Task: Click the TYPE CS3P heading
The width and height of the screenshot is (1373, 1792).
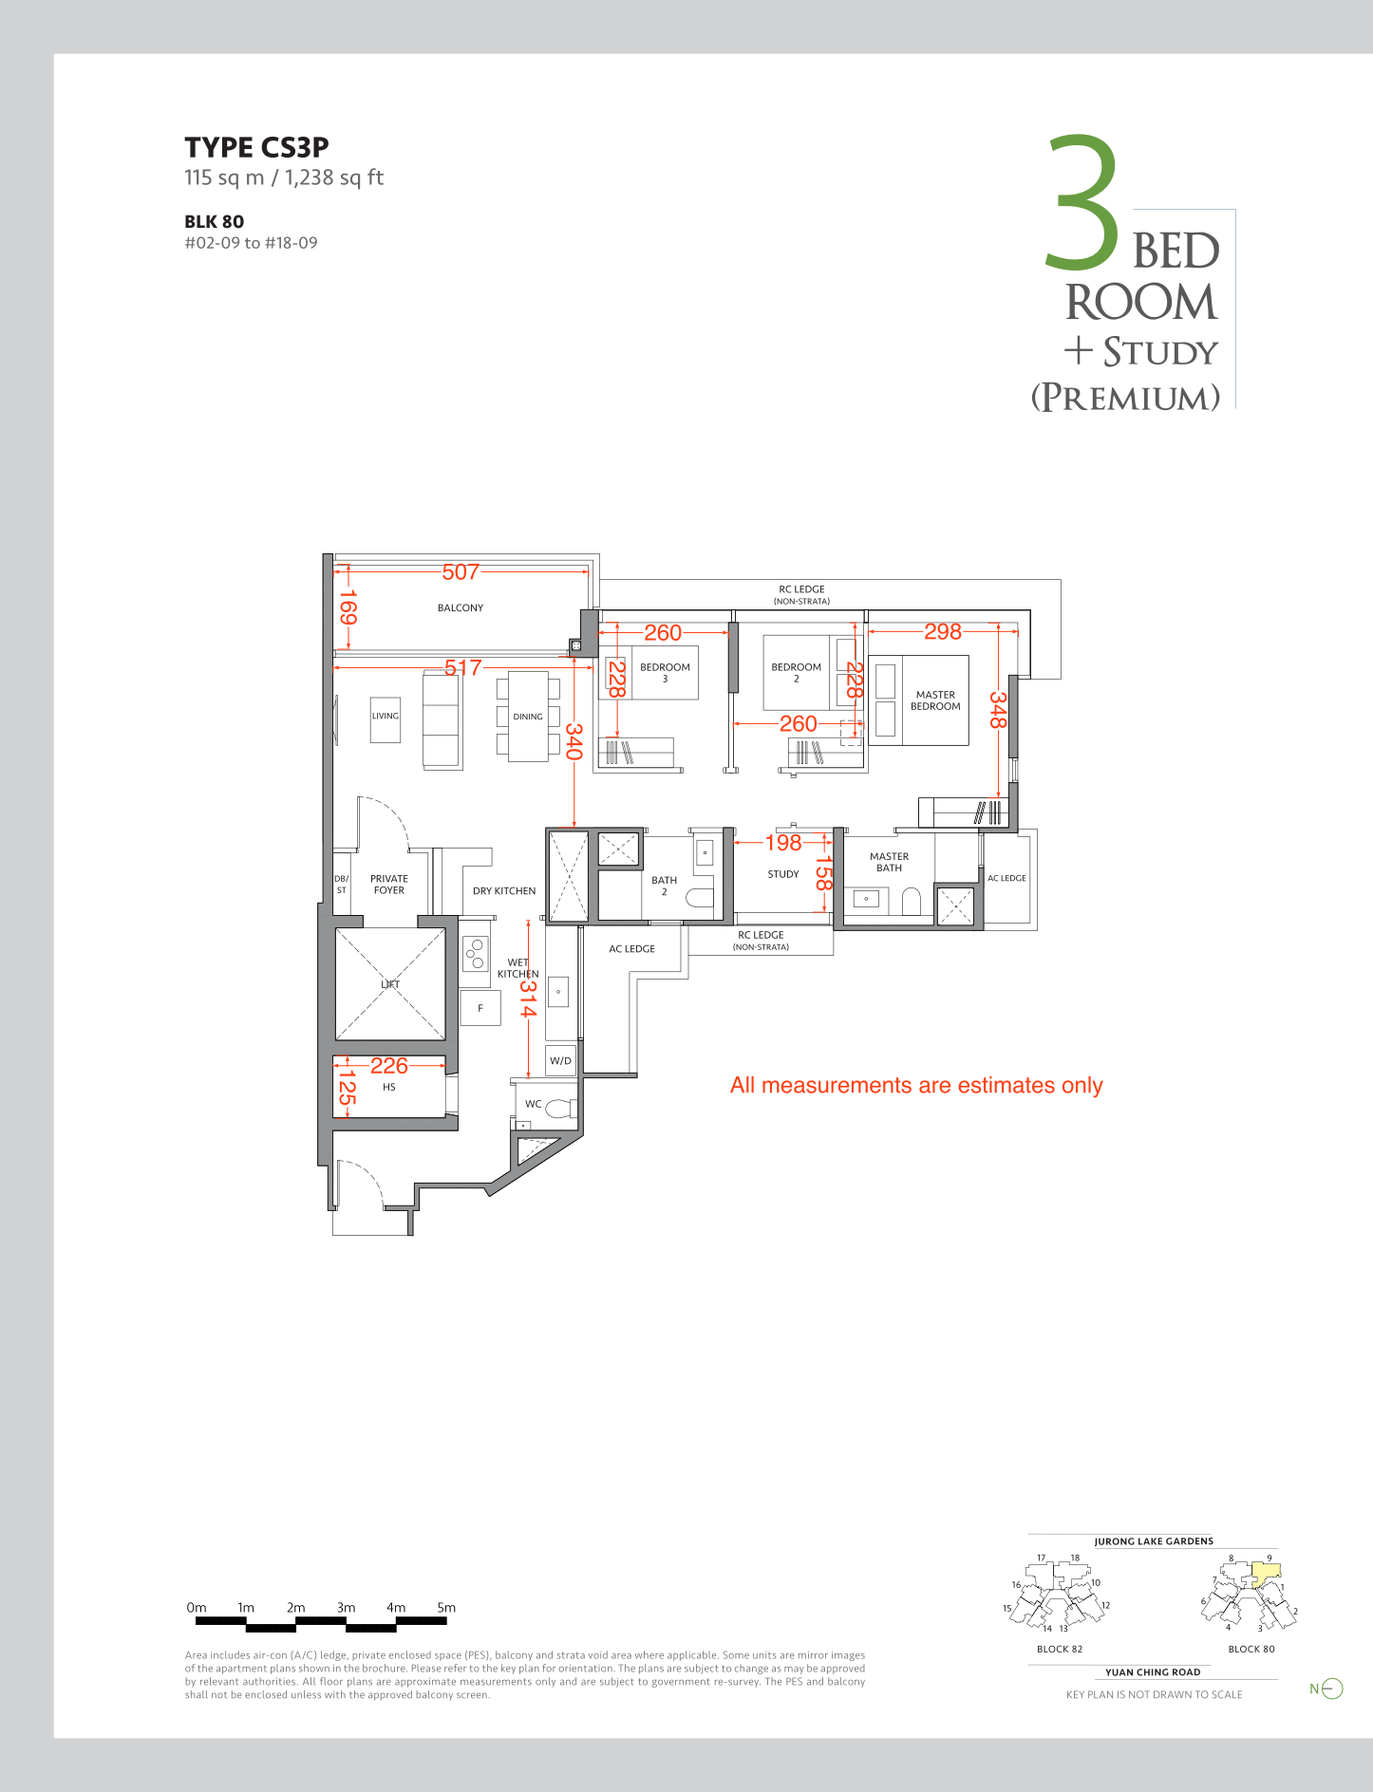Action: pyautogui.click(x=256, y=147)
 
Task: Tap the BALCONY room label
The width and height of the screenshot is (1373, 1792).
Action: pyautogui.click(x=461, y=607)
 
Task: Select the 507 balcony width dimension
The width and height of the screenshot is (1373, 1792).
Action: pyautogui.click(x=461, y=571)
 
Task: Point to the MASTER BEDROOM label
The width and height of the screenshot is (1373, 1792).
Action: pyautogui.click(x=935, y=700)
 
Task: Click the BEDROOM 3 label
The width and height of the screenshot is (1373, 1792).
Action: pyautogui.click(x=665, y=673)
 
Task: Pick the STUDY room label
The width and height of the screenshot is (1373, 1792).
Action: pyautogui.click(x=783, y=874)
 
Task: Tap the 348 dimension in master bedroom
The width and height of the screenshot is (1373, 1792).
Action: pyautogui.click(x=997, y=710)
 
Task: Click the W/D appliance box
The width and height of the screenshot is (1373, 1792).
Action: pyautogui.click(x=561, y=1060)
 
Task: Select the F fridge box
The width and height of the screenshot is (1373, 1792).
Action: pyautogui.click(x=480, y=1008)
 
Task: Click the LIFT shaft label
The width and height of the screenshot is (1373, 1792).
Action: pyautogui.click(x=390, y=984)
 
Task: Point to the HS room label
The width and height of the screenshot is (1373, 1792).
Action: pyautogui.click(x=389, y=1087)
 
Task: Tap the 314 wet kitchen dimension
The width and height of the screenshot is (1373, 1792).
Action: pyautogui.click(x=528, y=998)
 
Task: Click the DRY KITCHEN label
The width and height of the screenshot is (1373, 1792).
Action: pyautogui.click(x=504, y=891)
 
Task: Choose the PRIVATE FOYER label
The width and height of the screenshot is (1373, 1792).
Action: pyautogui.click(x=389, y=885)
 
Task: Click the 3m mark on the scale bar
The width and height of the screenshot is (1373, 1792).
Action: pyautogui.click(x=346, y=1608)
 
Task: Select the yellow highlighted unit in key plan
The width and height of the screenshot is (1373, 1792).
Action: pyautogui.click(x=1266, y=1574)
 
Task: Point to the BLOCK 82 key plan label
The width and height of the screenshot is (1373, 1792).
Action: pyautogui.click(x=1060, y=1649)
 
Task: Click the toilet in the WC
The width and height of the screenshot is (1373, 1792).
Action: pyautogui.click(x=560, y=1107)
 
